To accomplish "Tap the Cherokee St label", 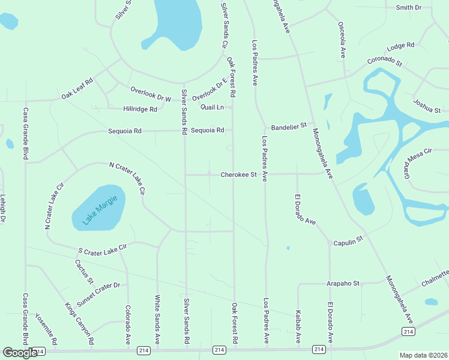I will (238, 175).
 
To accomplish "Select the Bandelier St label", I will (289, 126).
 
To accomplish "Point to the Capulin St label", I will (349, 239).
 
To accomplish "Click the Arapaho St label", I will (342, 283).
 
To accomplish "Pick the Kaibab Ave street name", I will (298, 327).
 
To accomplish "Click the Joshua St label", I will (427, 106).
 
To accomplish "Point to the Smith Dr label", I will (409, 7).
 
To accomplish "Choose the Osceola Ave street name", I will (342, 39).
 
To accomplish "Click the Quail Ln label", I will (212, 107).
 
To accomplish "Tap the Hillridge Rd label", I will (140, 109).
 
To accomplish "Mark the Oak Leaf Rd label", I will (77, 89).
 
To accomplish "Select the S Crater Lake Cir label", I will (103, 248).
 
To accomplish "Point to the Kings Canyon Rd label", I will (80, 323).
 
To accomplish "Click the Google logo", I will (20, 353).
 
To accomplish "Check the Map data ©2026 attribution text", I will (423, 355).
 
